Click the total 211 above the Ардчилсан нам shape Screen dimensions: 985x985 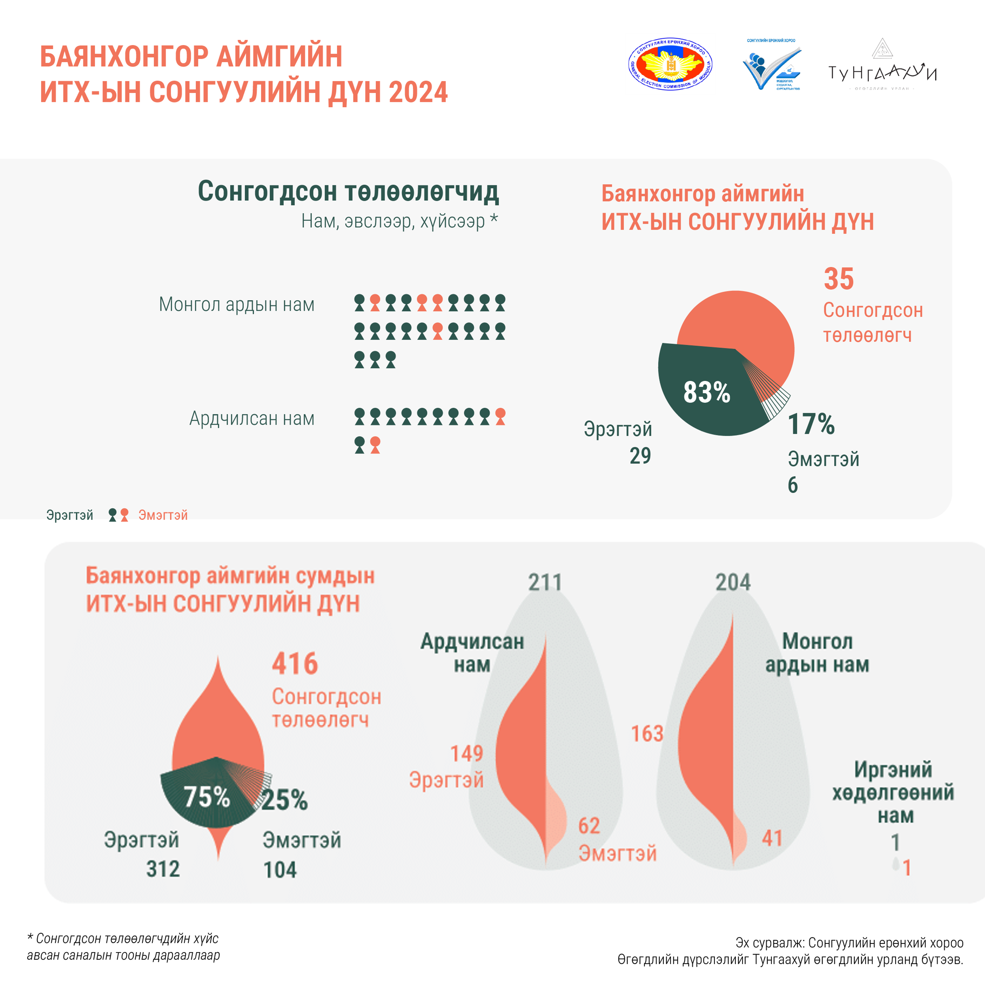tap(544, 582)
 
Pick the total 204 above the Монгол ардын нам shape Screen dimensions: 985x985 tap(733, 582)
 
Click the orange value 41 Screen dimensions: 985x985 tap(772, 838)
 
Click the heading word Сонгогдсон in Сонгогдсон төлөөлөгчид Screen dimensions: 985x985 tap(268, 192)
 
